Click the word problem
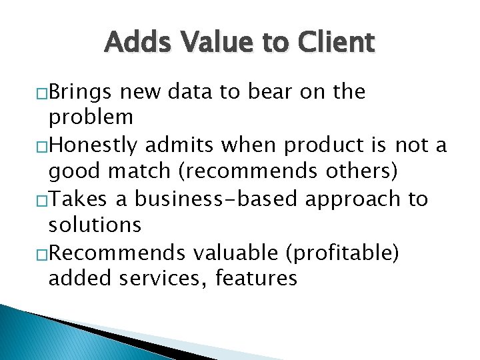pyautogui.click(x=91, y=117)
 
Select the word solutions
pyautogui.click(x=95, y=225)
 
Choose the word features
pyautogui.click(x=256, y=278)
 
